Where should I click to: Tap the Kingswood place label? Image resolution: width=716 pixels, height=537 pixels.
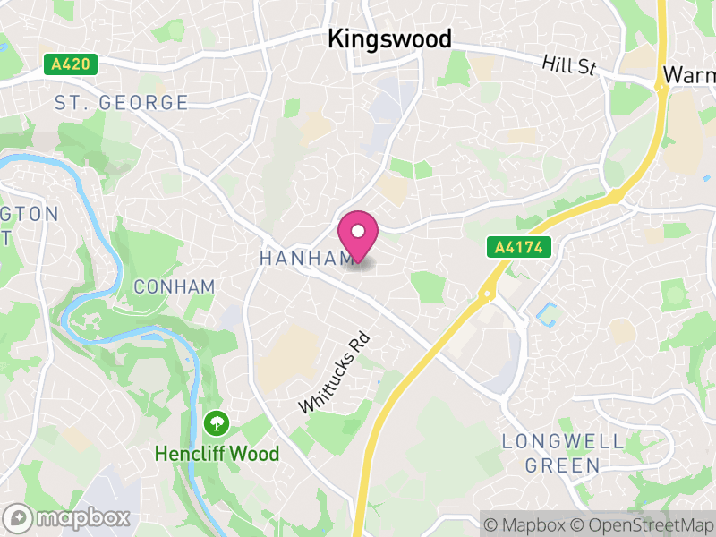click(x=389, y=38)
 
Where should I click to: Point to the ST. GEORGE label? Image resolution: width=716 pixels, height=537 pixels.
click(x=122, y=102)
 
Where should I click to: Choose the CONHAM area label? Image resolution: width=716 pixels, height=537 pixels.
click(x=174, y=286)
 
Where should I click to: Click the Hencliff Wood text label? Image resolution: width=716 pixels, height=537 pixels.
click(x=217, y=454)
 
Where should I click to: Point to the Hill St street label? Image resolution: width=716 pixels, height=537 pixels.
click(x=569, y=65)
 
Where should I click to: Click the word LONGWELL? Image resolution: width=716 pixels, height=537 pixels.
click(x=550, y=441)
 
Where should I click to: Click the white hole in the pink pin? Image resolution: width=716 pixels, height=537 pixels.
click(x=358, y=231)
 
